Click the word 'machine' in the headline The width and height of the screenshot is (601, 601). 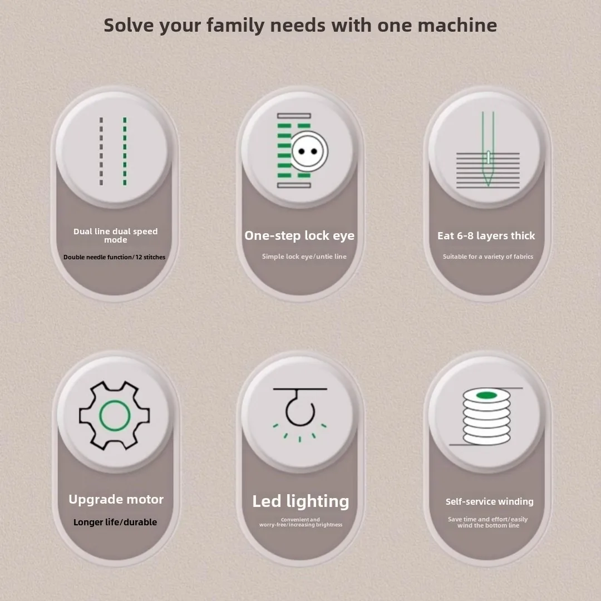[457, 26]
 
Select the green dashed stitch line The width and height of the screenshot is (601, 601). [125, 151]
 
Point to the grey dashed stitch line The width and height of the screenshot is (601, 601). [101, 151]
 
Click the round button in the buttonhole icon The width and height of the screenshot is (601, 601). [309, 151]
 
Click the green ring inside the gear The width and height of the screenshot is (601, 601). [115, 416]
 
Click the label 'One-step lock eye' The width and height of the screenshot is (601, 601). [299, 236]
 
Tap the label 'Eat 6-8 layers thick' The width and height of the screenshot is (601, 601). [486, 236]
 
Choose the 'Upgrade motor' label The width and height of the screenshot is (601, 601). [116, 500]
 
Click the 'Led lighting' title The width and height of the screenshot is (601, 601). [300, 501]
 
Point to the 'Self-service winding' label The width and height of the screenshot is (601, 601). [490, 501]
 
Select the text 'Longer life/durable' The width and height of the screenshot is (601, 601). [115, 522]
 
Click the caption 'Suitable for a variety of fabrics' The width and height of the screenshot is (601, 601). [488, 257]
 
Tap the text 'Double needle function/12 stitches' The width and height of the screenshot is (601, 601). [114, 257]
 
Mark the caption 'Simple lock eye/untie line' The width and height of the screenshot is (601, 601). [304, 257]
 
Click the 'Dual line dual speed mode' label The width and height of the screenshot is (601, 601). [115, 235]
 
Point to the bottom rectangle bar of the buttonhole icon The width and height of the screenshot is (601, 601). [294, 185]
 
